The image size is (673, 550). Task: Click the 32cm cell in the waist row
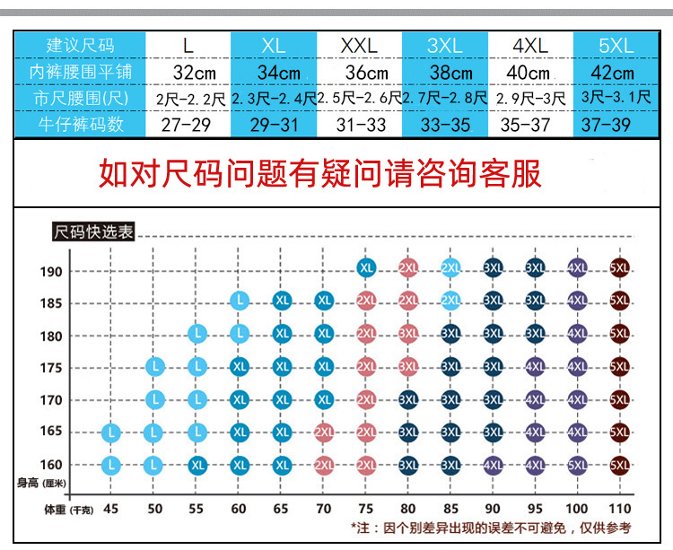(x=188, y=72)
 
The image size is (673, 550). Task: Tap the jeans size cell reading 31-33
(x=359, y=125)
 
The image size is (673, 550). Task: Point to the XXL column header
(x=359, y=45)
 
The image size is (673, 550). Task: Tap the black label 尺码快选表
(x=93, y=232)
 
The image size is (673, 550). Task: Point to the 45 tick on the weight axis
(x=110, y=509)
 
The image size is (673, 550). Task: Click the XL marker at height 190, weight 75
(x=366, y=266)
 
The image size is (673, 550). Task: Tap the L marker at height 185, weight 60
(x=239, y=301)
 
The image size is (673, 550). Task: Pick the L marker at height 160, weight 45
(x=110, y=465)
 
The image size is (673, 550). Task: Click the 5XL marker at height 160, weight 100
(x=578, y=465)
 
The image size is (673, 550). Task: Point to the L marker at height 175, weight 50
(x=154, y=366)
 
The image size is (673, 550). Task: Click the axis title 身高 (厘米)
(x=41, y=485)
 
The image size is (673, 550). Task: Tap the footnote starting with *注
(x=490, y=528)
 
